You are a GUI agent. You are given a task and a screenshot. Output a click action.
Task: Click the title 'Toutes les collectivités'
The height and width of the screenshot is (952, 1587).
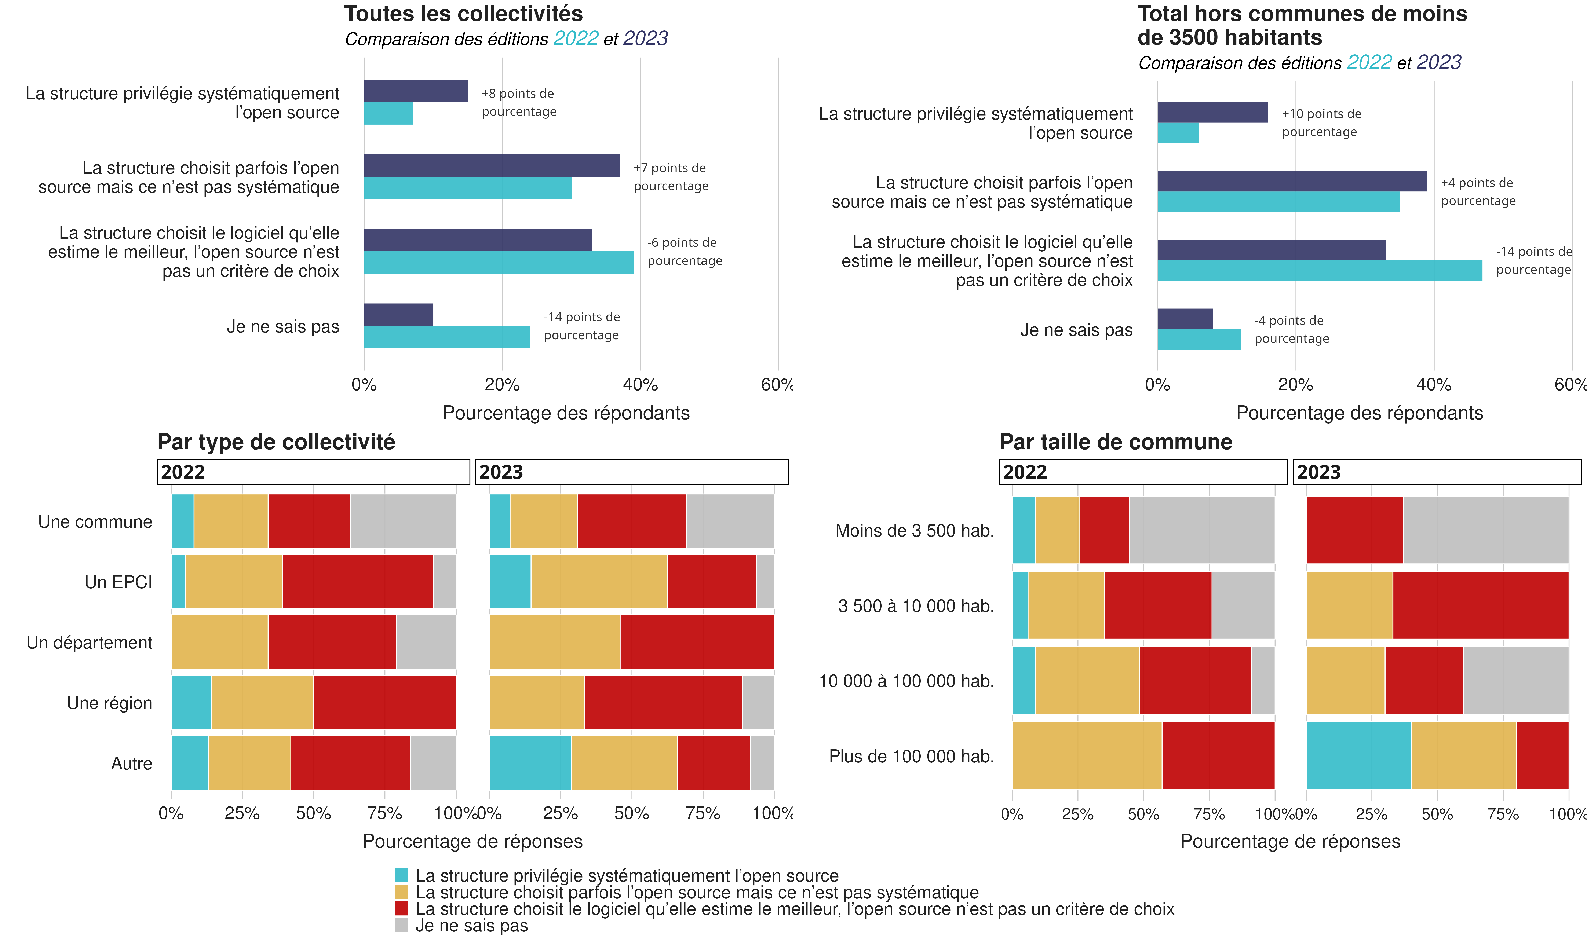pos(463,14)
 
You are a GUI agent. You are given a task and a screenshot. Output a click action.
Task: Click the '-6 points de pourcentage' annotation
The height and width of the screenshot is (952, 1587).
pos(684,252)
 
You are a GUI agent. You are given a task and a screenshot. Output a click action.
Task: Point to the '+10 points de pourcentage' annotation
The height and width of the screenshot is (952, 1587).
pos(1321,122)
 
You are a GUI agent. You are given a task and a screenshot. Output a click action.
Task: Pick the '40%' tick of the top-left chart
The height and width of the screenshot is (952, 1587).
pos(640,385)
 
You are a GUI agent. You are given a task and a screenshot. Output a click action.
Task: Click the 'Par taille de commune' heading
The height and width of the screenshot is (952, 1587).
pos(1116,442)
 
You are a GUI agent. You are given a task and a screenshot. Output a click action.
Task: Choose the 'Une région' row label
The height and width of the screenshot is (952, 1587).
pos(110,703)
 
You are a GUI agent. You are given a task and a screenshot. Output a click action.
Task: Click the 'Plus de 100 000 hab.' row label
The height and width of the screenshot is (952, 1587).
pos(911,756)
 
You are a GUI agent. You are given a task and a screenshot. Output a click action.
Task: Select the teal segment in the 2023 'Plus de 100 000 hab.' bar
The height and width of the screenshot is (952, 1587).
pos(1358,756)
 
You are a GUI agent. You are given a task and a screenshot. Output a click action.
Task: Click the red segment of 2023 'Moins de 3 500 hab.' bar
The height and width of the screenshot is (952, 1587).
pos(1354,530)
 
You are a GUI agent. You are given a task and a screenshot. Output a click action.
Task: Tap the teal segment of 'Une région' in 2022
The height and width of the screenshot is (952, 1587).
pos(191,702)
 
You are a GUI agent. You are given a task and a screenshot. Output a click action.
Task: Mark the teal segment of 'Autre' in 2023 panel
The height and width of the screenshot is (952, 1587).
pos(530,763)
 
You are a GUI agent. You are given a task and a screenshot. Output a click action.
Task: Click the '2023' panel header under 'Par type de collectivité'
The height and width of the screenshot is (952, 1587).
pos(632,472)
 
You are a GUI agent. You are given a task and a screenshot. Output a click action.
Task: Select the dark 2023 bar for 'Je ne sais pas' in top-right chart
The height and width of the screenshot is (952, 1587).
pos(1185,319)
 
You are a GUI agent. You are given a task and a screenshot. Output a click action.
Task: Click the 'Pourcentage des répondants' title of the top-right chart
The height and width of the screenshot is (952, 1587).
pos(1359,413)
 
